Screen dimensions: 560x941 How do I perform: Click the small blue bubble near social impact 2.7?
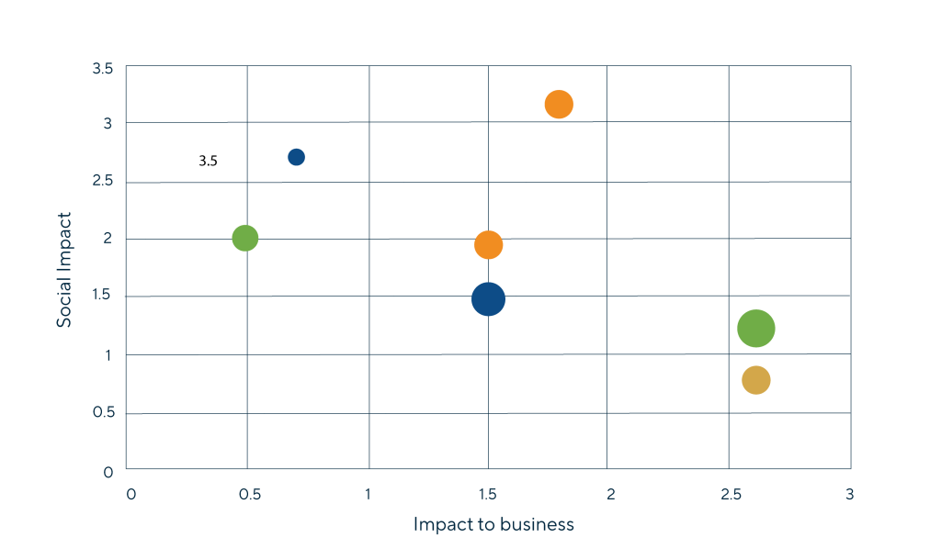pos(296,157)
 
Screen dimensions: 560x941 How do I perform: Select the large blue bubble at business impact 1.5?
pos(488,298)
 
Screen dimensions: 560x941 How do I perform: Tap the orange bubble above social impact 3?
pos(559,105)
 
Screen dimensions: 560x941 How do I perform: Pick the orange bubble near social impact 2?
pos(488,245)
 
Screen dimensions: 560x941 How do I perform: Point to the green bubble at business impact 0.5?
pos(244,239)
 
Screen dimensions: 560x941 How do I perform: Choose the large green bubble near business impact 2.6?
pos(756,329)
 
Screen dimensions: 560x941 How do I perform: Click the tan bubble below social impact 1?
pos(755,380)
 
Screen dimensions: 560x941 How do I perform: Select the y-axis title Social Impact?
pos(64,270)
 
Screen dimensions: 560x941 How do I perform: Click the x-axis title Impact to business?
pos(493,525)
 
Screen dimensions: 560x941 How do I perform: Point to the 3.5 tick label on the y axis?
pos(103,69)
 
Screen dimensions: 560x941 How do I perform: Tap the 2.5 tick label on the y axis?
pos(103,182)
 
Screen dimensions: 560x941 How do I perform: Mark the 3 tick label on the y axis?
pos(108,124)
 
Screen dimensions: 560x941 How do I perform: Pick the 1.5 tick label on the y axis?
pos(103,296)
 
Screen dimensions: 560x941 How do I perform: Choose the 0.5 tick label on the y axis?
pos(103,413)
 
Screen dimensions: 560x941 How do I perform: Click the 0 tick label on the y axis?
pos(108,472)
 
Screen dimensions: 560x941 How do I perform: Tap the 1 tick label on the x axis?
pos(368,495)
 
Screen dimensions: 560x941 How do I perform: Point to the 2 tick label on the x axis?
pos(610,495)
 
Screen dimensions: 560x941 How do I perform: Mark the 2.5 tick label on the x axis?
pos(730,495)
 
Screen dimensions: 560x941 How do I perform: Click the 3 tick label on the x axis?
pos(850,495)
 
